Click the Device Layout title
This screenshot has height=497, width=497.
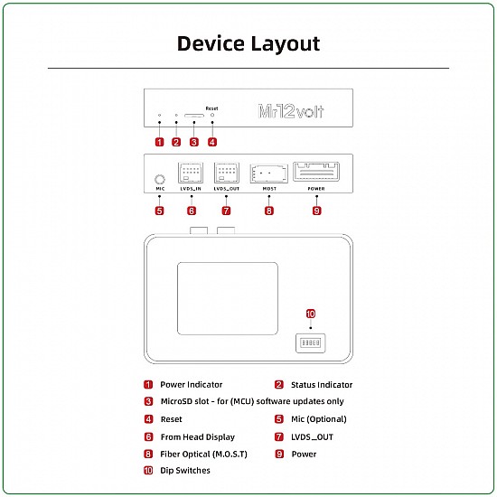[x=248, y=43]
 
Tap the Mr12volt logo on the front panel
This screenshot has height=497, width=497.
[x=291, y=112]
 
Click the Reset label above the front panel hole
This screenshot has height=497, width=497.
[x=211, y=108]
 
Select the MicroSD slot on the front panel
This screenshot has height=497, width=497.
[x=194, y=117]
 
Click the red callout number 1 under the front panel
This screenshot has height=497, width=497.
[x=159, y=142]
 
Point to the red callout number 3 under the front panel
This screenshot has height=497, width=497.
[x=194, y=142]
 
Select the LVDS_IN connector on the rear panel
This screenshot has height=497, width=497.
[x=192, y=173]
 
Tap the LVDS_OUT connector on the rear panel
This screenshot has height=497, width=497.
[x=226, y=173]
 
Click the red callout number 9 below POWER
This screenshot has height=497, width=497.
[x=316, y=211]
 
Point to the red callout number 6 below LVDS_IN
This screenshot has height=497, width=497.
[x=192, y=211]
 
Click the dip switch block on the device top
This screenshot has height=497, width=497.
[x=310, y=344]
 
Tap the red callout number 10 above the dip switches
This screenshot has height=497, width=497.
[x=310, y=314]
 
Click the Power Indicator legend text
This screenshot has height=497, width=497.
[x=191, y=385]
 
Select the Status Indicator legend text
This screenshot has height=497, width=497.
[x=322, y=385]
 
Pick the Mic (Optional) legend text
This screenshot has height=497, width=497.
[x=318, y=419]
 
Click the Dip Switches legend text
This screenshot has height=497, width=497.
[x=184, y=471]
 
